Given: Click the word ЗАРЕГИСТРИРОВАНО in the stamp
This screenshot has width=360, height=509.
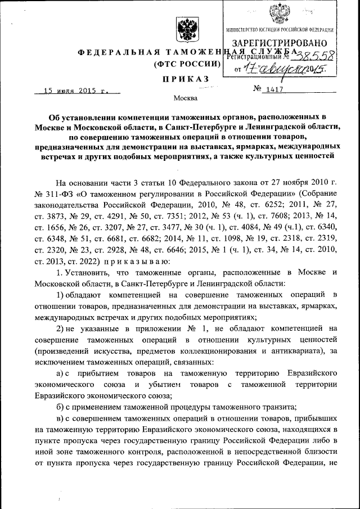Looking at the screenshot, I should pos(279,43).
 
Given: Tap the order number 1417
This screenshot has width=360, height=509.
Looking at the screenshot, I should pos(275,89).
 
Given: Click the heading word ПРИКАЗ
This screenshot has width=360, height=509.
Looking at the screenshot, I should pos(185,78).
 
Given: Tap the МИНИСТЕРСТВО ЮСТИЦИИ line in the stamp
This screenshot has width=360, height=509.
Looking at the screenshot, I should pos(280,29).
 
